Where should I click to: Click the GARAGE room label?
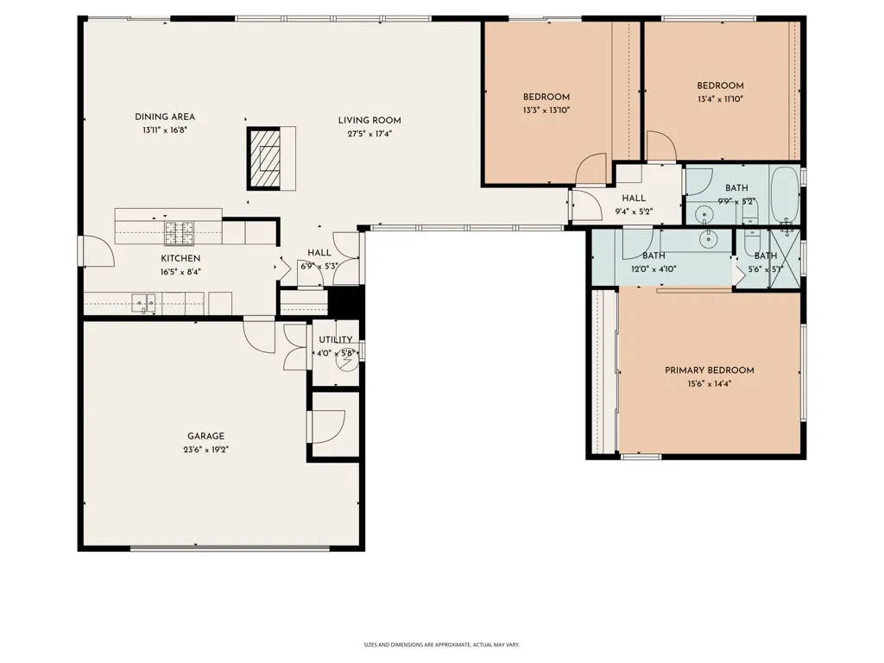205,436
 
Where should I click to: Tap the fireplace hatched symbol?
264,159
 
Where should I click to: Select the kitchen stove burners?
180,233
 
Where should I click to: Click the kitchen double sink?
144,303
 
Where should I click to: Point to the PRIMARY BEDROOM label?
710,370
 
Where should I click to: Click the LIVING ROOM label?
369,120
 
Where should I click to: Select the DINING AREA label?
165,117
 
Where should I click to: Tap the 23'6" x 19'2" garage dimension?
205,450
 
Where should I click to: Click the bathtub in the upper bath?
785,194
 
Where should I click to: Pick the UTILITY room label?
336,339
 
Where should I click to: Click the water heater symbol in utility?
347,362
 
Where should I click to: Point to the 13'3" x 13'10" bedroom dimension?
546,110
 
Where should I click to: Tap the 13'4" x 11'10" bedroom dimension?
720,99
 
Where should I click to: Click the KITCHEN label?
180,258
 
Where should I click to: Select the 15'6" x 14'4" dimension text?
710,384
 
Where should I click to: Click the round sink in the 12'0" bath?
708,239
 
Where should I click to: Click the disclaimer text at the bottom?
441,644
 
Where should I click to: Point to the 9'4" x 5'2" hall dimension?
634,212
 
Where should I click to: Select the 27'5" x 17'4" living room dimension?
369,134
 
